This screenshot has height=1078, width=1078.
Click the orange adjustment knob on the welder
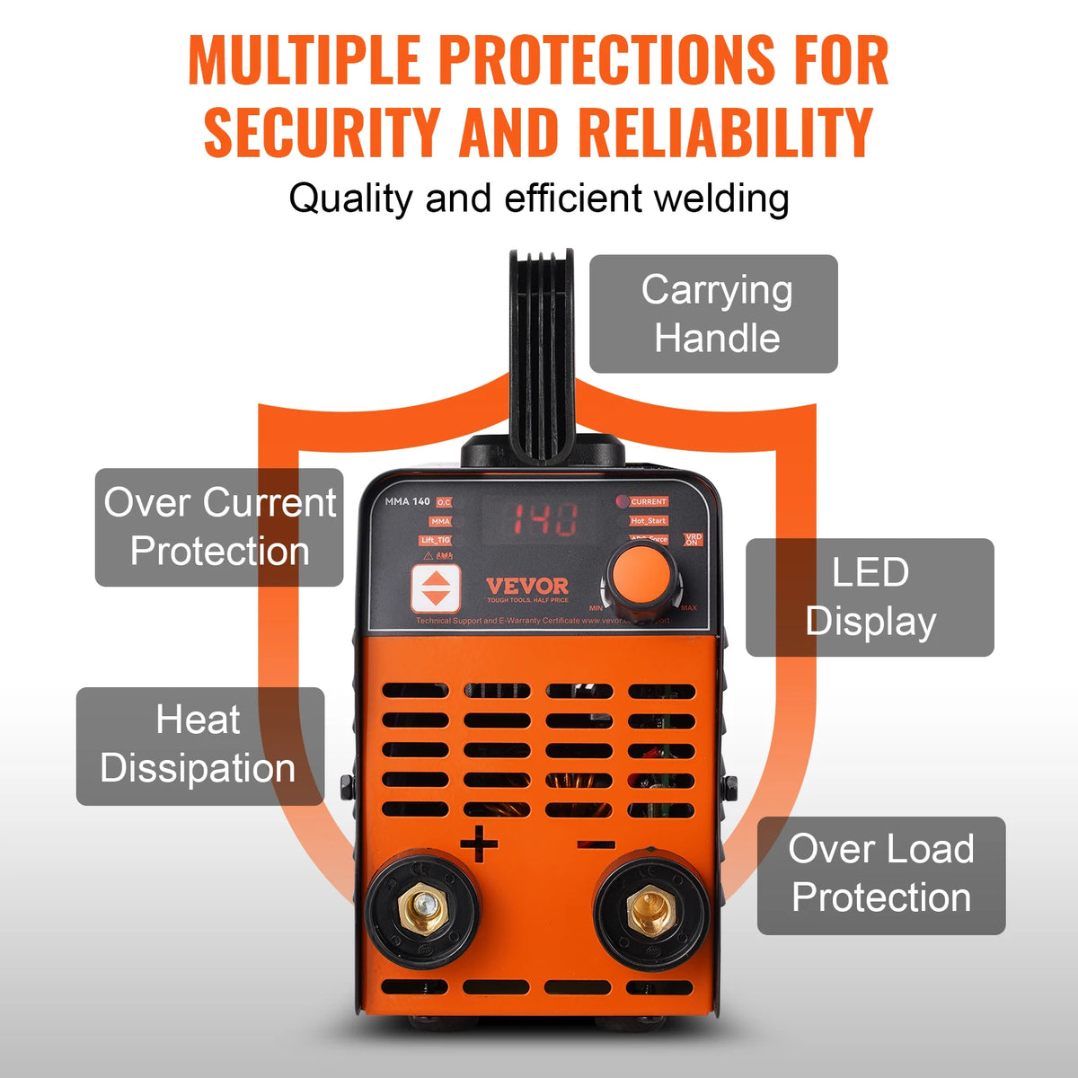[x=642, y=576]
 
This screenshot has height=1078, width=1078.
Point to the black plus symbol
[x=479, y=844]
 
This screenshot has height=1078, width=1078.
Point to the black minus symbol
[x=596, y=844]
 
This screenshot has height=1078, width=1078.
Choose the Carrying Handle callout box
[x=714, y=314]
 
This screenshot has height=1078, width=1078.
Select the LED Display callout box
[x=870, y=597]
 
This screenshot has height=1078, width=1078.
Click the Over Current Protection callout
[x=219, y=527]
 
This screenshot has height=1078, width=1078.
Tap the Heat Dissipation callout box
[x=199, y=746]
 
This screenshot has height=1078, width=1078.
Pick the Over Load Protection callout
[x=880, y=875]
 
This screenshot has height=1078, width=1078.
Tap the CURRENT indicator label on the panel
[x=648, y=501]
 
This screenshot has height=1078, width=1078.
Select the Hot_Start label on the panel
[x=648, y=521]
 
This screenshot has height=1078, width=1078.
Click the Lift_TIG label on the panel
[x=436, y=540]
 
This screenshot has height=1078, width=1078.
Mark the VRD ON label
[x=693, y=539]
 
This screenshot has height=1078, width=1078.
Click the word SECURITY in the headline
[x=323, y=132]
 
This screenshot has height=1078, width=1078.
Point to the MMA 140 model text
[x=407, y=501]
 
